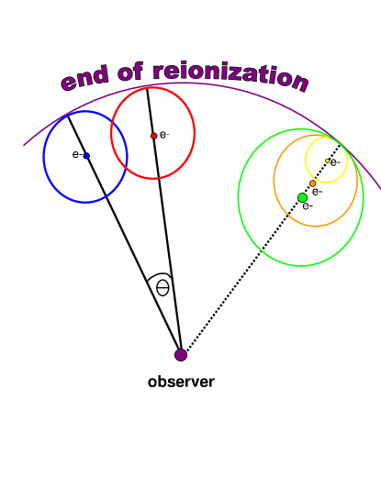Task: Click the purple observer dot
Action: pyautogui.click(x=181, y=354)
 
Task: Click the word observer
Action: pyautogui.click(x=181, y=382)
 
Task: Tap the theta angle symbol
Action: pyautogui.click(x=162, y=287)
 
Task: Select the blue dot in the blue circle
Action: pyautogui.click(x=86, y=156)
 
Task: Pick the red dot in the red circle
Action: pyautogui.click(x=153, y=136)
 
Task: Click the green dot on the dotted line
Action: pyautogui.click(x=302, y=197)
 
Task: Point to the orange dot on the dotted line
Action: pyautogui.click(x=312, y=183)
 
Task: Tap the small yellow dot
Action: pyautogui.click(x=327, y=161)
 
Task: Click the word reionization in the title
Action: pyautogui.click(x=230, y=73)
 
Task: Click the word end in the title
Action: pyautogui.click(x=86, y=80)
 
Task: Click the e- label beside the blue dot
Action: pyautogui.click(x=77, y=154)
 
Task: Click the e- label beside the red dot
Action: pyautogui.click(x=164, y=135)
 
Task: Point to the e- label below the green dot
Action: pyautogui.click(x=308, y=206)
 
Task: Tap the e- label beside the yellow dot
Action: pyautogui.click(x=335, y=162)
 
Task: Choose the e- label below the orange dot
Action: pyautogui.click(x=317, y=192)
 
